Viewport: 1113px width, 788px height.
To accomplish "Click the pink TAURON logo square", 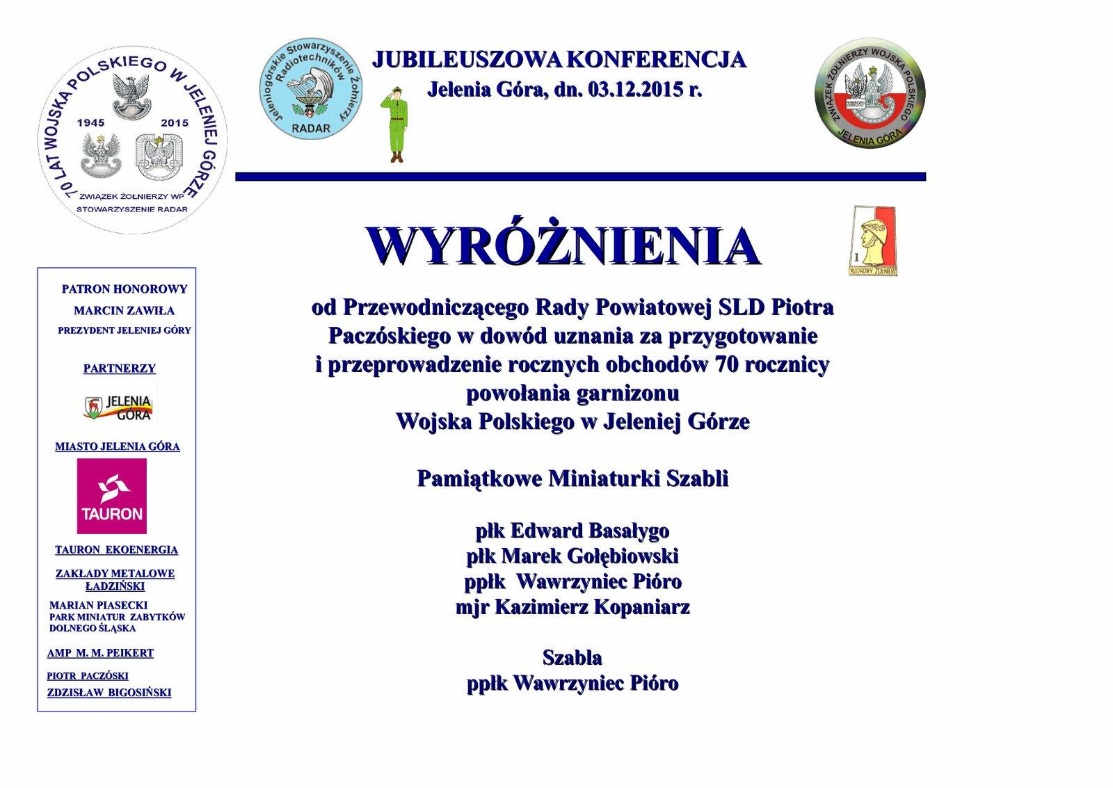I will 112,496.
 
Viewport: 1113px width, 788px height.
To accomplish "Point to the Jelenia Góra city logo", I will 119,407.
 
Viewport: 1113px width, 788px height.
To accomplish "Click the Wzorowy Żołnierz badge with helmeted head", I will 872,241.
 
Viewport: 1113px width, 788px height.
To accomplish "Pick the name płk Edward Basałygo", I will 572,531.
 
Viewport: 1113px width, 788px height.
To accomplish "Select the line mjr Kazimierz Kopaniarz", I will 572,607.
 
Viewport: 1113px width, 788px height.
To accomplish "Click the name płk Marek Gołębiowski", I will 572,556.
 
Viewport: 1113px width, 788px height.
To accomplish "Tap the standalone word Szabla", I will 572,657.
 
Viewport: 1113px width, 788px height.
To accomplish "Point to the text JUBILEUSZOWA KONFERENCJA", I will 559,60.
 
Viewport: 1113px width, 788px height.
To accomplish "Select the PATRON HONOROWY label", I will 125,289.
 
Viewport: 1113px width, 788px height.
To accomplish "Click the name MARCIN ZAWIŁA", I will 124,311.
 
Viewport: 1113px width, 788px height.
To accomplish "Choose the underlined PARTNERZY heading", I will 120,369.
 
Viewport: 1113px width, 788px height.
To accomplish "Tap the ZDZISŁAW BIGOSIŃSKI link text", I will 109,693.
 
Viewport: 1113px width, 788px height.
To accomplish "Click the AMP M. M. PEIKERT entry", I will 100,653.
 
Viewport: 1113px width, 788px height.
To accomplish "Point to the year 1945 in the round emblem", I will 91,123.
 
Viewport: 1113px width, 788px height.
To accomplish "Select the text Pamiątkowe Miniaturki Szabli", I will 572,479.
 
